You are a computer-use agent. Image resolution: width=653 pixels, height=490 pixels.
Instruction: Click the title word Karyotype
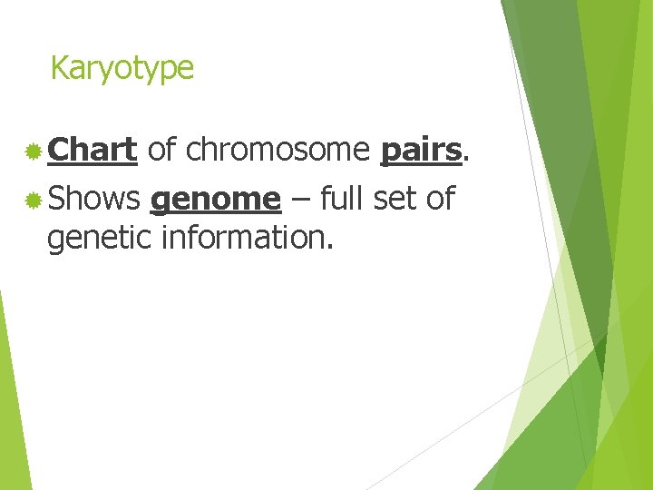tap(122, 68)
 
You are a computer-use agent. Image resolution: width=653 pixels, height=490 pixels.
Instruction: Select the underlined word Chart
tap(92, 151)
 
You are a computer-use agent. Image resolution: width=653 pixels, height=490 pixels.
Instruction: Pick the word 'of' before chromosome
tap(161, 151)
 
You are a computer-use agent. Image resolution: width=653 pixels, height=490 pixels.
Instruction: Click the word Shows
tap(93, 199)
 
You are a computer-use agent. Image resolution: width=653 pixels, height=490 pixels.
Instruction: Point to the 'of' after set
tap(440, 199)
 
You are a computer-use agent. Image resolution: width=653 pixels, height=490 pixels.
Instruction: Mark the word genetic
tap(99, 238)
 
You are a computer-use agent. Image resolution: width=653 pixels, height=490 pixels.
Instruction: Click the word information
tap(245, 238)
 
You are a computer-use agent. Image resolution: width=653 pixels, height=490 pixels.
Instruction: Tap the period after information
tap(332, 247)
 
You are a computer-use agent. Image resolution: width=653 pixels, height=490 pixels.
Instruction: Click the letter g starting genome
tap(160, 203)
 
